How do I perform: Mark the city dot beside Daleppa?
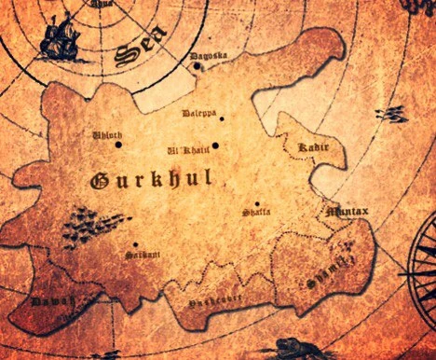(221, 118)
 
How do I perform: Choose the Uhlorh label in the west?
(105, 136)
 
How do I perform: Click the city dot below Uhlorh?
(118, 145)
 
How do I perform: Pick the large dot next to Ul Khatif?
(215, 145)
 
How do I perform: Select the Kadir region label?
(310, 147)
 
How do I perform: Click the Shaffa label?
(256, 213)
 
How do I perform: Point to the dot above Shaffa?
(257, 203)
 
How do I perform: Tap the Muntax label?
(347, 212)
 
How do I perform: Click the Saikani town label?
(141, 254)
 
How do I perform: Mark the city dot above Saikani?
(135, 244)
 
